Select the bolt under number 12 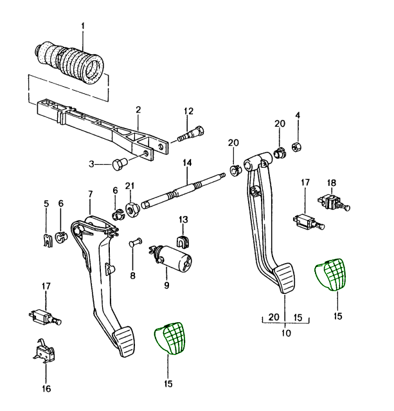190,134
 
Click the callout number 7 90,194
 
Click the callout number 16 46,388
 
